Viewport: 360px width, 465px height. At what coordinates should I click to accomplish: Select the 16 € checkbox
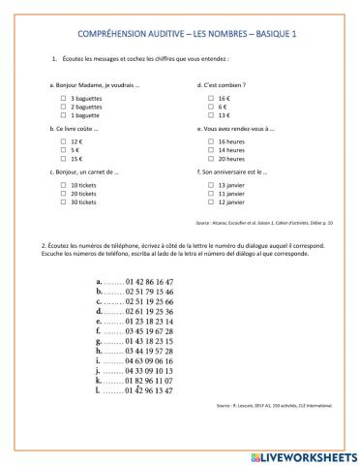pyautogui.click(x=210, y=98)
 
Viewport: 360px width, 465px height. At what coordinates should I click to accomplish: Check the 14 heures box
pyautogui.click(x=210, y=150)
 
